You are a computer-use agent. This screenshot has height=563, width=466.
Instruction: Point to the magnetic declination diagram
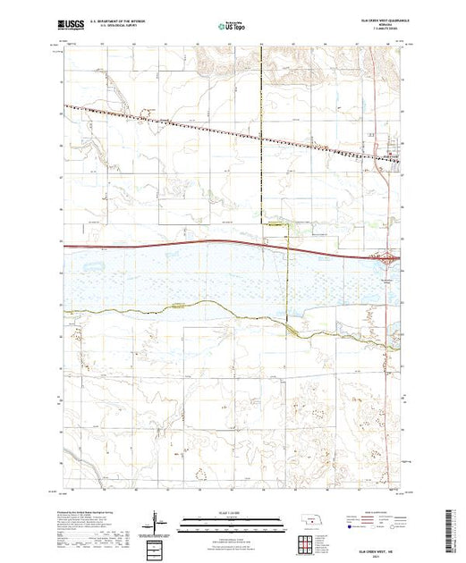pyautogui.click(x=158, y=519)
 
